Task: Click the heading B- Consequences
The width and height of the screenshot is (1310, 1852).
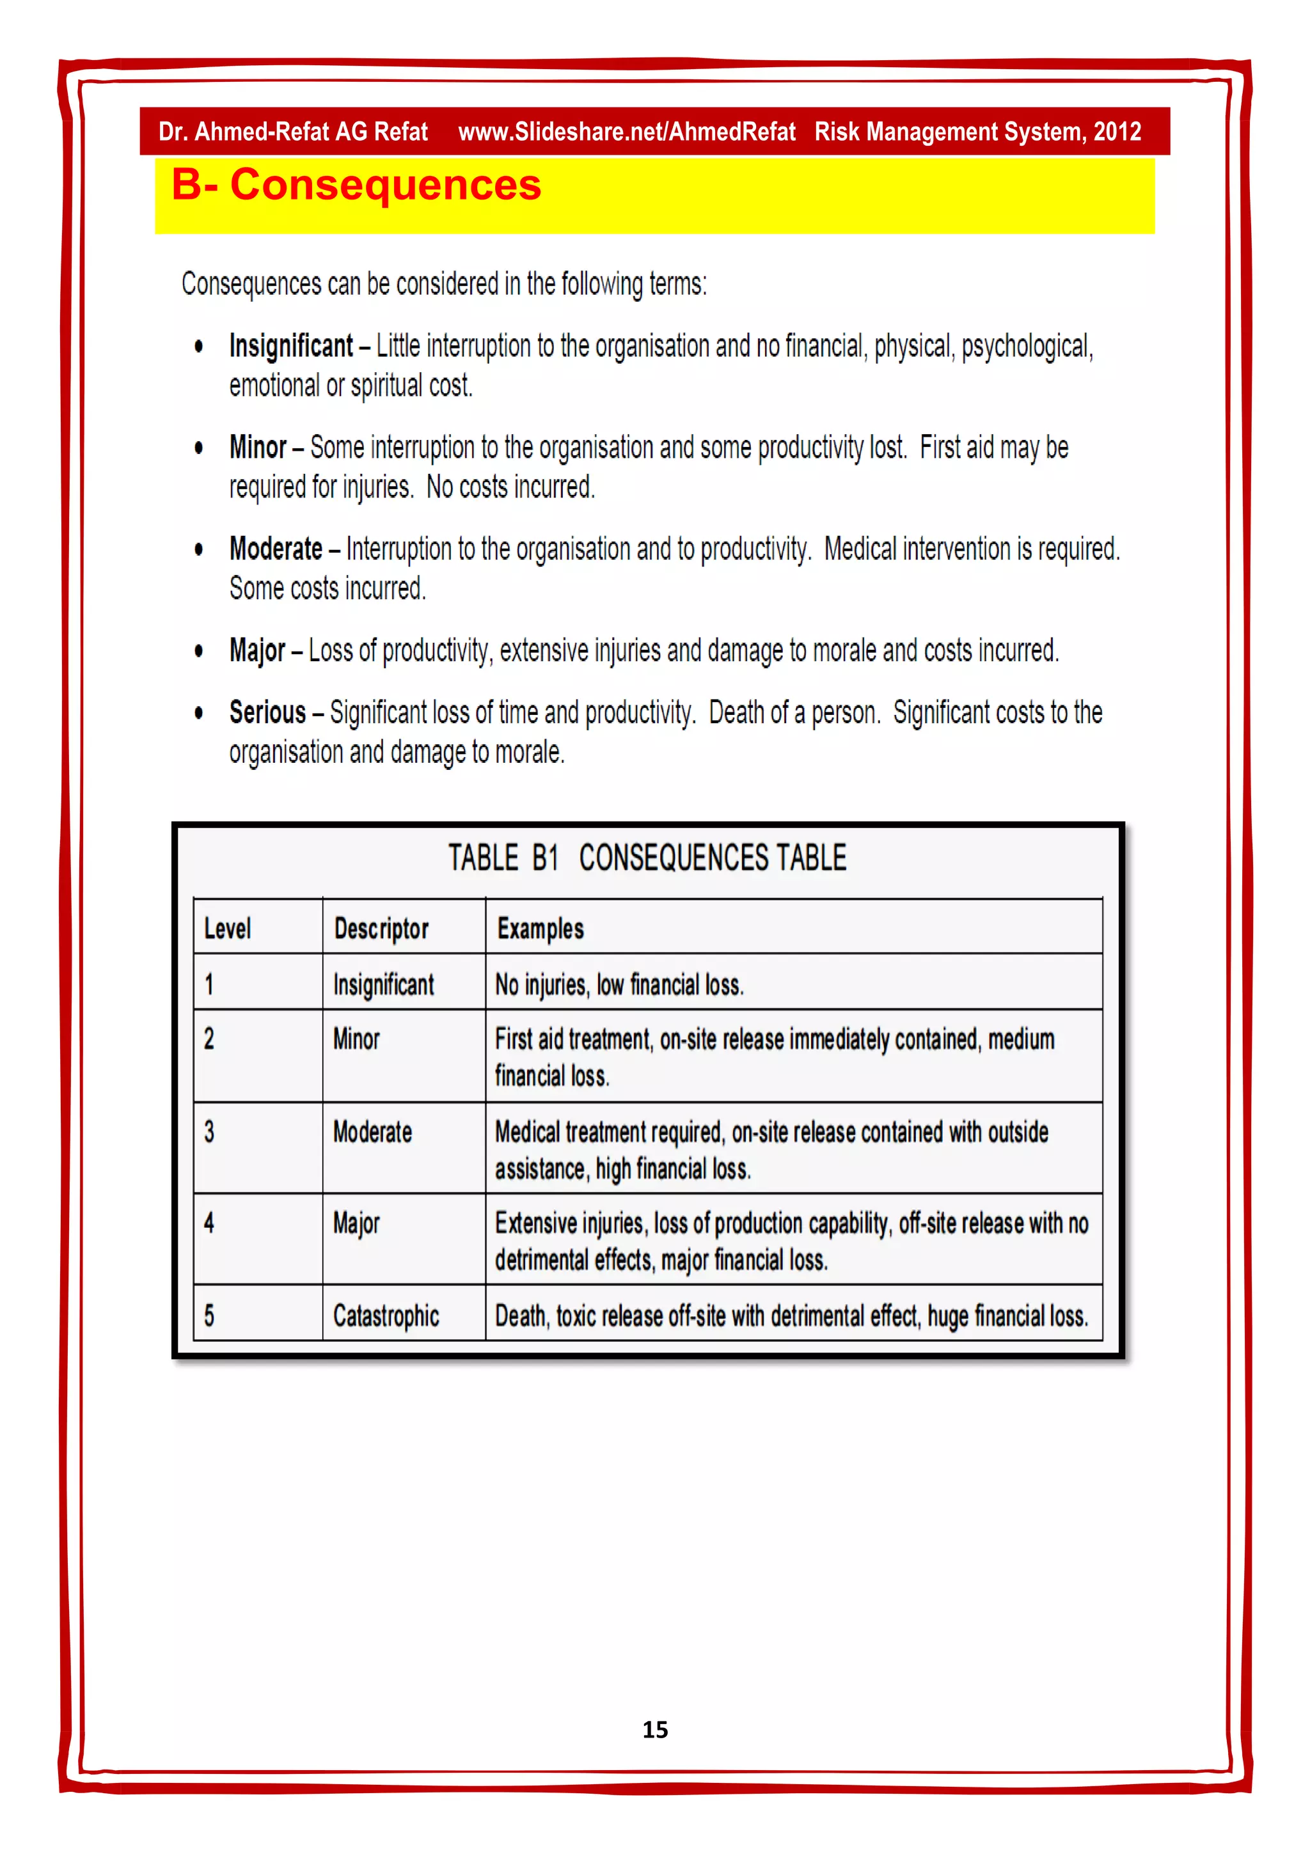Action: (356, 185)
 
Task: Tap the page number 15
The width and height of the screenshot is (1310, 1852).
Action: (654, 1729)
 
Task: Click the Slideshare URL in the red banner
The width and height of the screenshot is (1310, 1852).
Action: (626, 132)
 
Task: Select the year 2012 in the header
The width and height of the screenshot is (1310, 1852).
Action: (1117, 132)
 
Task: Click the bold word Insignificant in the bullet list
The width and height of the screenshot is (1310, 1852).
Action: (290, 346)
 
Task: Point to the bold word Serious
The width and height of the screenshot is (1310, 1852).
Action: (267, 712)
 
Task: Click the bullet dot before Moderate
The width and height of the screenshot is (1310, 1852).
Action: (198, 550)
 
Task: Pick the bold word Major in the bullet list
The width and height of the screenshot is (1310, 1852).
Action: (257, 650)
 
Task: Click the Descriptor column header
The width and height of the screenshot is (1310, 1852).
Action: (381, 929)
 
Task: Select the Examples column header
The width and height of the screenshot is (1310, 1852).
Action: (540, 929)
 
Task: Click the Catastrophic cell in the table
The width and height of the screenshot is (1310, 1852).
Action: (386, 1315)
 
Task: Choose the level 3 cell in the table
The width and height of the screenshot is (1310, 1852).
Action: (210, 1132)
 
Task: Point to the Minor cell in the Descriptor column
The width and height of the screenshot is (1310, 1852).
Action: (356, 1039)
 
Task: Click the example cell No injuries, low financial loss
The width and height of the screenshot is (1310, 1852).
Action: (619, 984)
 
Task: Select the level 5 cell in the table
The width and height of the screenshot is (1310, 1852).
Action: (210, 1315)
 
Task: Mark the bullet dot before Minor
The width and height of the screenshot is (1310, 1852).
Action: (198, 448)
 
